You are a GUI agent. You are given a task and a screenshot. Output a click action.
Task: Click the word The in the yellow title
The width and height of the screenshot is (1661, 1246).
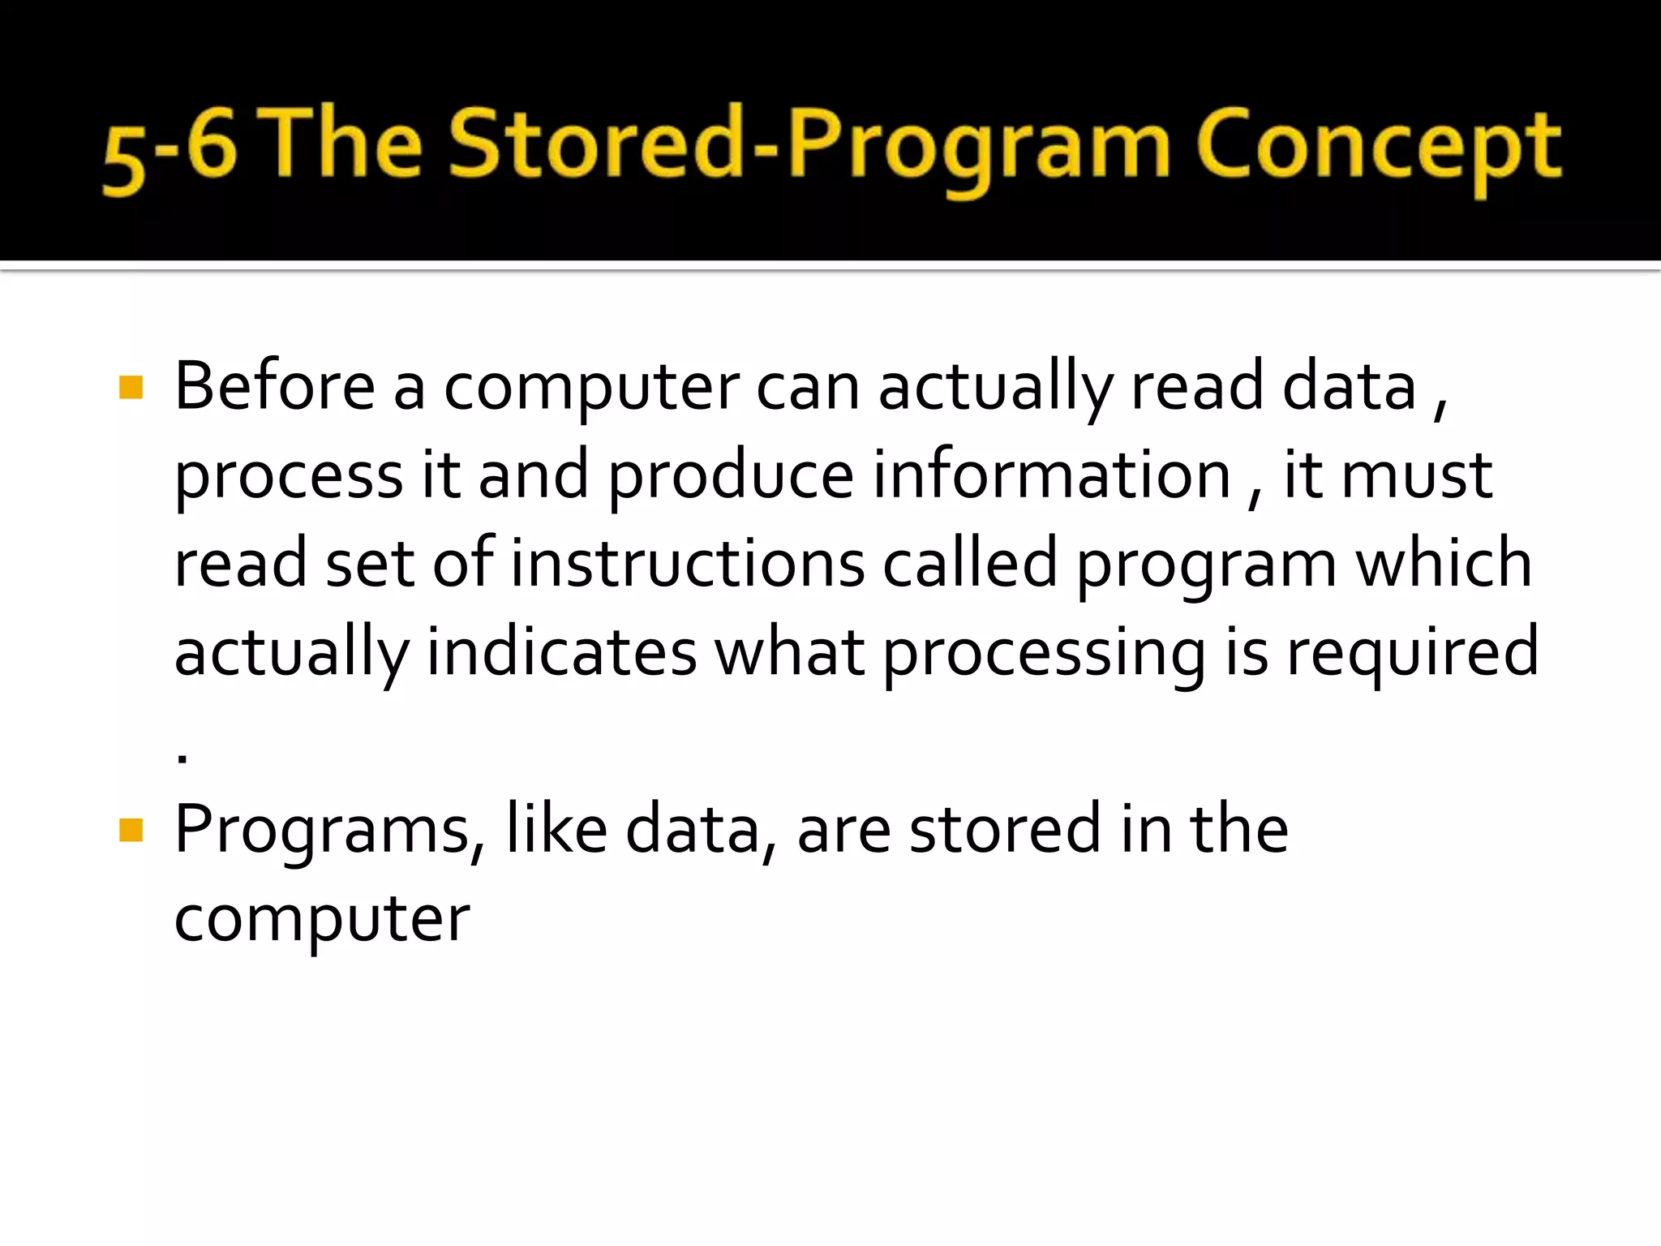pos(342,144)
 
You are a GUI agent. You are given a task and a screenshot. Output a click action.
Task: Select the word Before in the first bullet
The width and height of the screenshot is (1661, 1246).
pos(275,386)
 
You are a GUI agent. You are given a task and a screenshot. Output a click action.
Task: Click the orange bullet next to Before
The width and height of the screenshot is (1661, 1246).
pos(131,387)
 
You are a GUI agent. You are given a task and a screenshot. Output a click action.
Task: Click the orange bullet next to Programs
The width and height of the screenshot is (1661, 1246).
pos(131,830)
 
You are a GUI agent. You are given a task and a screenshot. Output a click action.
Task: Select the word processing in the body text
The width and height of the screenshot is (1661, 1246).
pos(1044,653)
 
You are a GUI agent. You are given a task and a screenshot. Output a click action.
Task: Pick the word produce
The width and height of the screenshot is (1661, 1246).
pos(730,476)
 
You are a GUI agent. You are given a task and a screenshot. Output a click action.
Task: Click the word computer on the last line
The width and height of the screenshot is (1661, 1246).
pos(322,920)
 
